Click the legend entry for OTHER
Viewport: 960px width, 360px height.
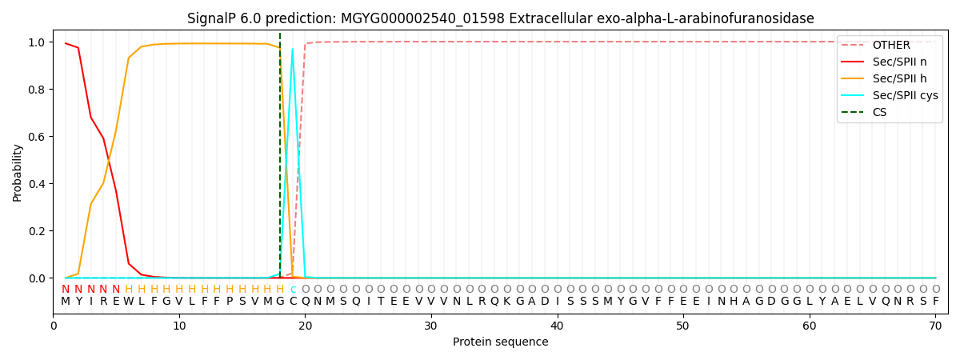point(890,45)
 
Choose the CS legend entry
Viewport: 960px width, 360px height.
point(879,112)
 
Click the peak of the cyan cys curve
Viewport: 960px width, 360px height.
point(292,49)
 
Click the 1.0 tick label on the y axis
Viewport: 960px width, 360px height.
point(37,42)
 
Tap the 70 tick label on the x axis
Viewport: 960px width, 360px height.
point(935,326)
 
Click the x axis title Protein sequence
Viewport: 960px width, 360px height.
point(501,342)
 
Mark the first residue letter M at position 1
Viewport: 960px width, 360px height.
point(66,302)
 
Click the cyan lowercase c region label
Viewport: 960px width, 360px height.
point(293,290)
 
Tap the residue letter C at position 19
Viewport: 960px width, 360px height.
point(293,302)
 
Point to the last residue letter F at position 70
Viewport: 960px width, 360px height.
point(935,302)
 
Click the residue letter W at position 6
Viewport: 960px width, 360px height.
point(129,302)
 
